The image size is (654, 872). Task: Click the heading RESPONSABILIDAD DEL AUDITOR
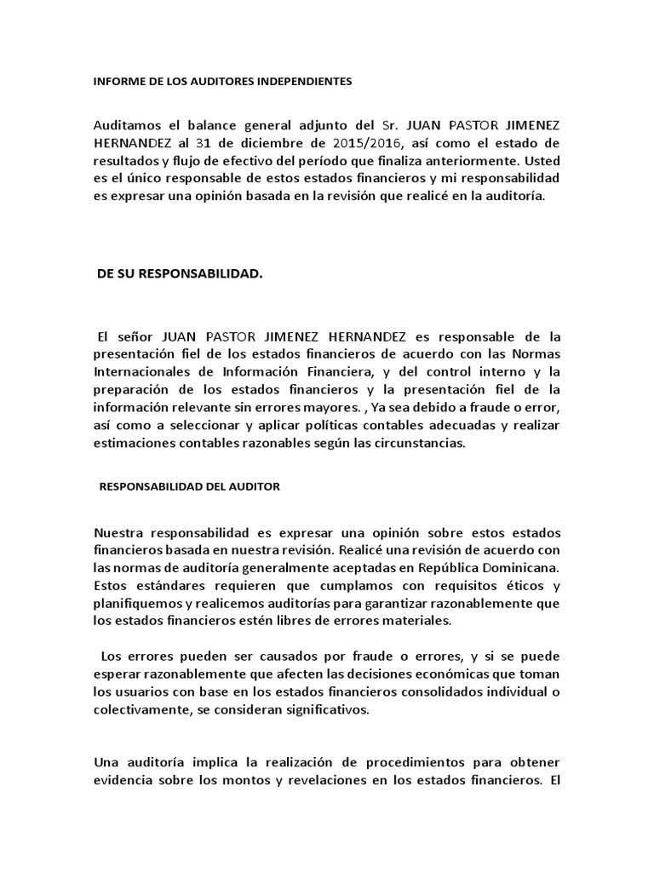[190, 486]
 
